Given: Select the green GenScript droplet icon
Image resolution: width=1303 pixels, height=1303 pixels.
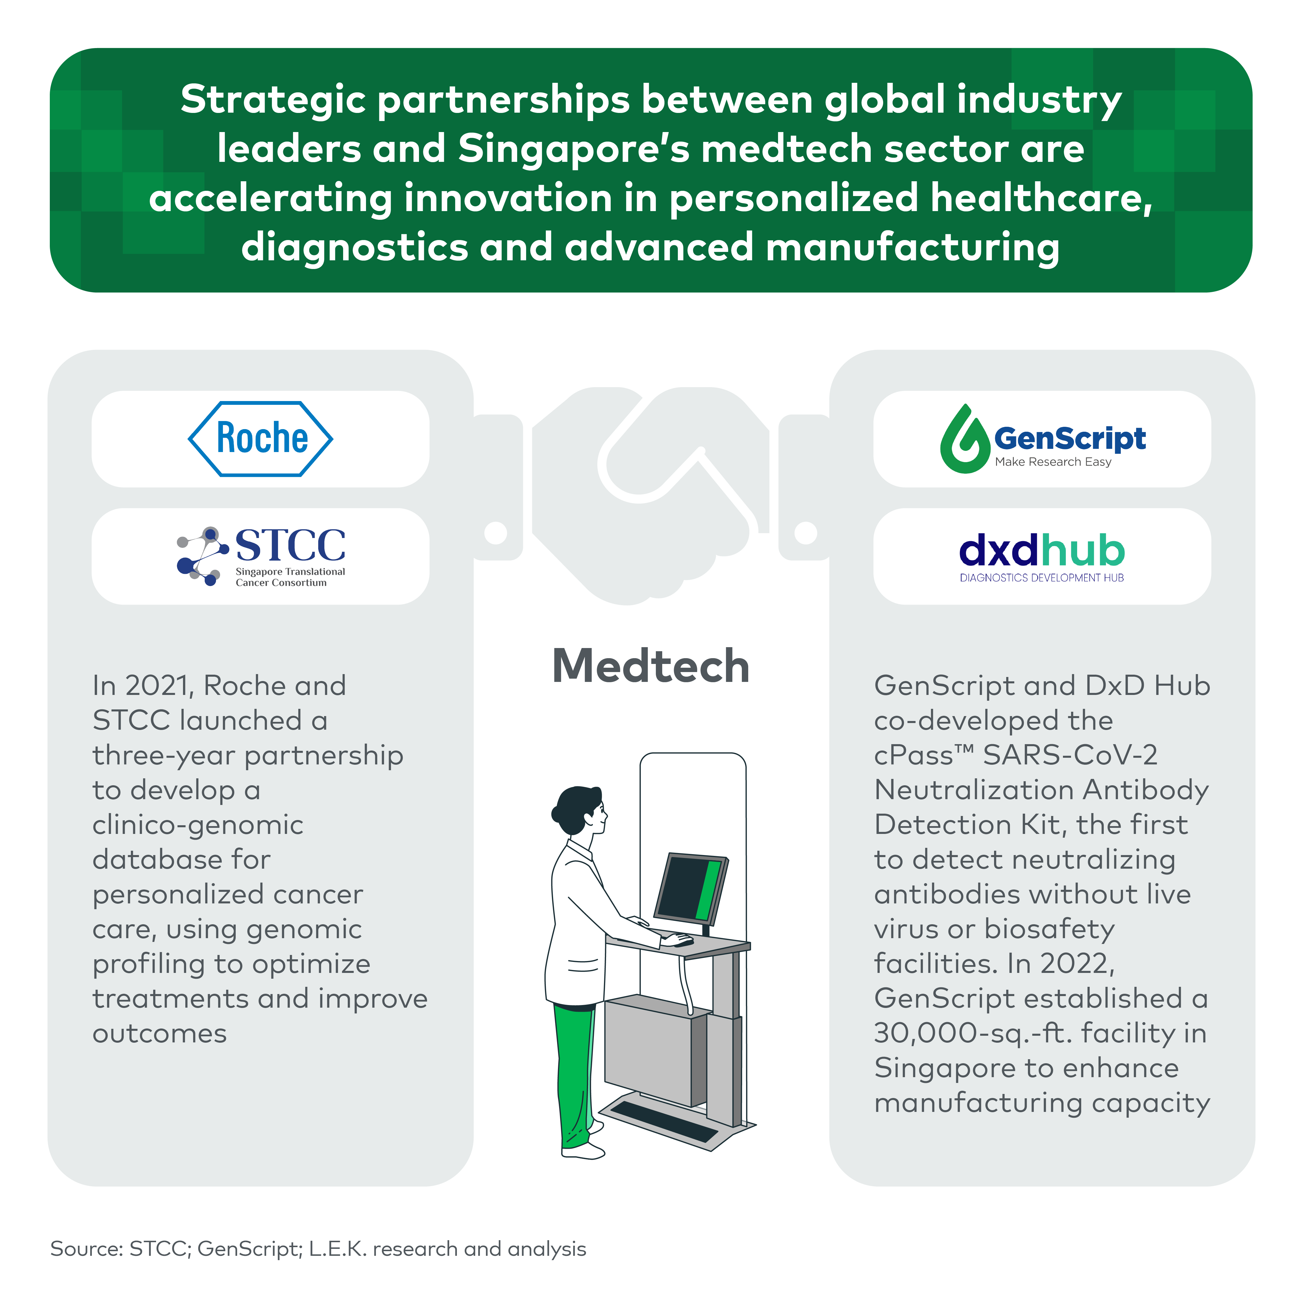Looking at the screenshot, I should pos(965,440).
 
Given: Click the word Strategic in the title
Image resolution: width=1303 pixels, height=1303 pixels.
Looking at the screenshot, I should pos(272,100).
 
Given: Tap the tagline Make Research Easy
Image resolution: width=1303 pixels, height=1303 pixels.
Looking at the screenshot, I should pos(1053,462).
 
